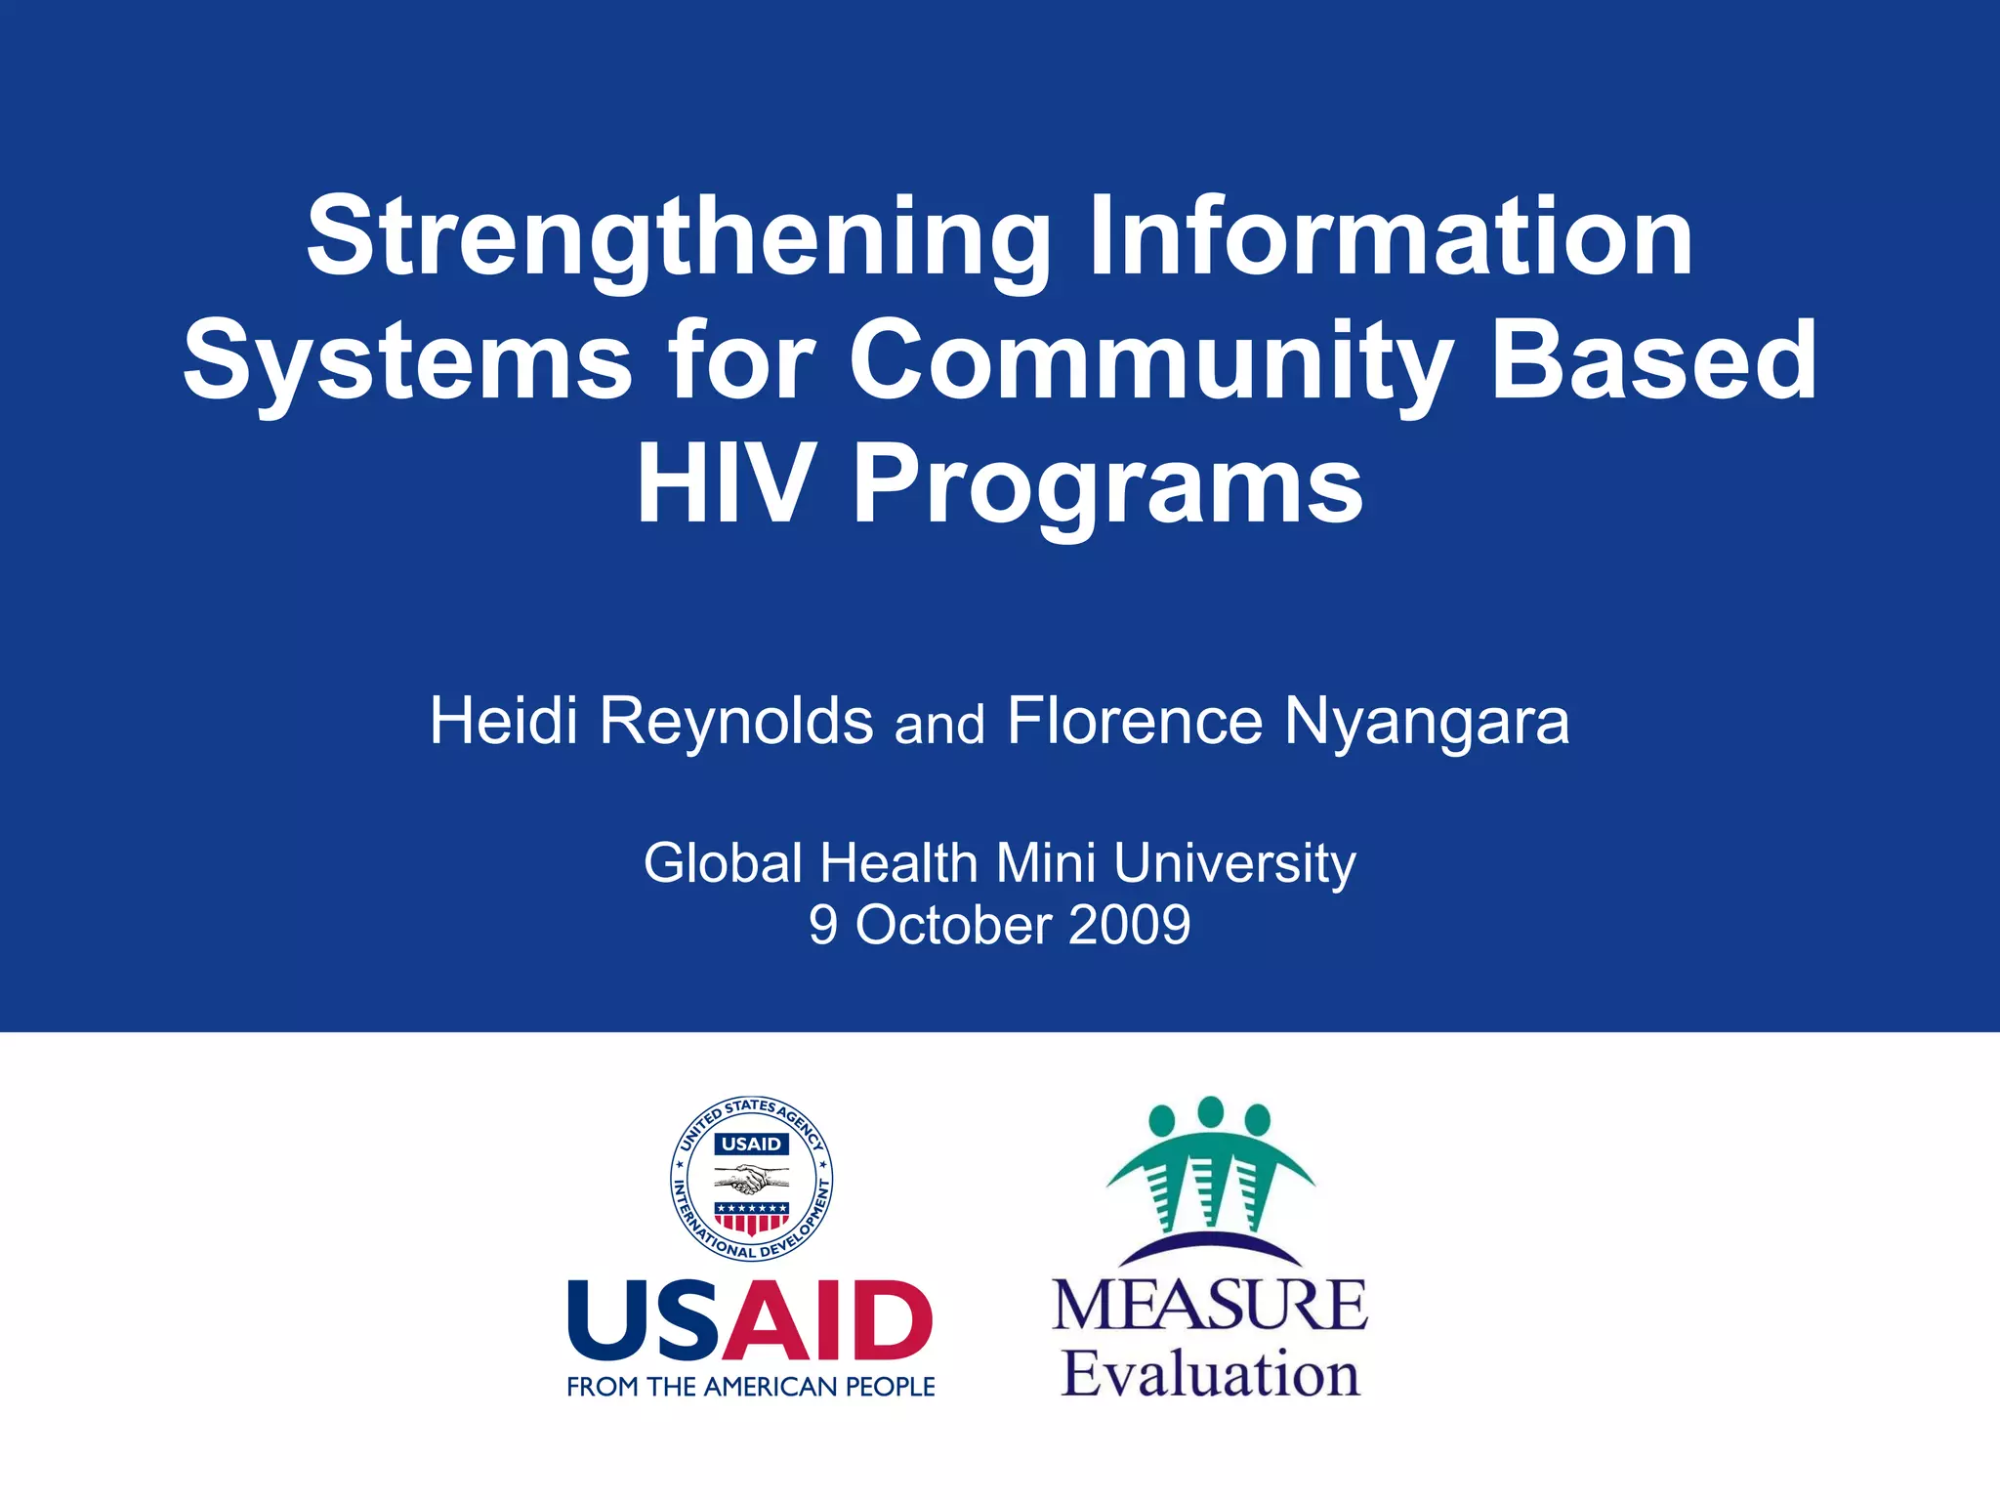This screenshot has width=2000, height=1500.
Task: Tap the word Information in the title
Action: pyautogui.click(x=1391, y=237)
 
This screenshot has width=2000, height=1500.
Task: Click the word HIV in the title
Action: pyautogui.click(x=723, y=484)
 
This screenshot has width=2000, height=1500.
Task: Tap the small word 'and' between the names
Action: pyautogui.click(x=939, y=726)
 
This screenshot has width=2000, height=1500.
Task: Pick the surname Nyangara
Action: pyautogui.click(x=1427, y=723)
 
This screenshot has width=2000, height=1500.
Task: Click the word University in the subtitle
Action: pyautogui.click(x=1234, y=864)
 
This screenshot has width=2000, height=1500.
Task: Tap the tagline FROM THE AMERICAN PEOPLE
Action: pyautogui.click(x=751, y=1387)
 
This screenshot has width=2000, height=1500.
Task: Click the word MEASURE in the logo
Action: pyautogui.click(x=1210, y=1305)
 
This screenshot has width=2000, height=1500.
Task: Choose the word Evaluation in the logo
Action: pyautogui.click(x=1210, y=1375)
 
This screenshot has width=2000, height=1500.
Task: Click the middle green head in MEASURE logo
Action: pyautogui.click(x=1210, y=1110)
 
